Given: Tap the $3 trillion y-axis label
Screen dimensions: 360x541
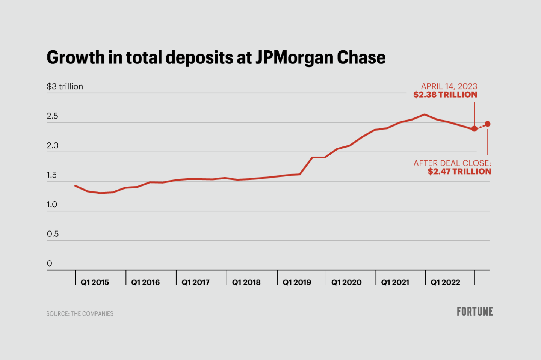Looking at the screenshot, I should [65, 86].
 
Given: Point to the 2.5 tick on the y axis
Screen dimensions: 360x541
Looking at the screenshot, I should [52, 116].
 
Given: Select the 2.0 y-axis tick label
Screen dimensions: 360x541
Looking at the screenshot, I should [52, 146].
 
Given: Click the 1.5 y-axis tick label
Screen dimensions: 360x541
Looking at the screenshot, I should [51, 175].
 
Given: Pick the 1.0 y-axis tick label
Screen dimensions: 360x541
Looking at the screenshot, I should [51, 205].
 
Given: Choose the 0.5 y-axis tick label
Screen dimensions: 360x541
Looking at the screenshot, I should [53, 234].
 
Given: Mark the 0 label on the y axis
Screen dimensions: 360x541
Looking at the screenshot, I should [49, 264].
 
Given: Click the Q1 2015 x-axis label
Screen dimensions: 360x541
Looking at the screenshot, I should [95, 282].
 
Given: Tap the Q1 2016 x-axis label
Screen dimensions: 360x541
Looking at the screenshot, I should [145, 282].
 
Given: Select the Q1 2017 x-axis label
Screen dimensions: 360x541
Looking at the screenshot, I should [195, 282].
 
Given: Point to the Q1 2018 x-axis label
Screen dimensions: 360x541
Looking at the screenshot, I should [246, 282].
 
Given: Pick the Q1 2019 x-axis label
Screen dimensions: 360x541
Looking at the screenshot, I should [297, 282].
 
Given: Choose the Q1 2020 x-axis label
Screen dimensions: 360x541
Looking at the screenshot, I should [346, 282].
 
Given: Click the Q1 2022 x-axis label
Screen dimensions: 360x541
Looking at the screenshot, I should [445, 282].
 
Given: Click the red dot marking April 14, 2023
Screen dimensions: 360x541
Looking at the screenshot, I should [474, 129].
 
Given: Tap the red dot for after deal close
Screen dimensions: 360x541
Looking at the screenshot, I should [488, 124].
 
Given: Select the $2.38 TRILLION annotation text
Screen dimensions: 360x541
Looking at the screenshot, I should [445, 95].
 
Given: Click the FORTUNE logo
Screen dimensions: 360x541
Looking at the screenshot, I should [475, 312].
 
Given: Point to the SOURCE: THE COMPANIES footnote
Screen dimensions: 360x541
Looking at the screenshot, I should [80, 314].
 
